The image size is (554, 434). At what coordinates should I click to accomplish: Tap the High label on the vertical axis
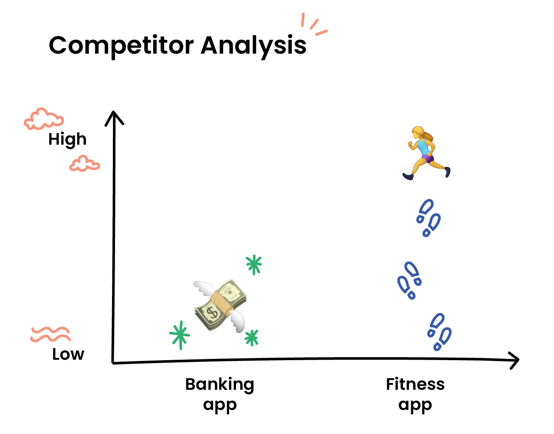(67, 140)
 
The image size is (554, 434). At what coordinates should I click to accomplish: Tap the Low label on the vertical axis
(68, 354)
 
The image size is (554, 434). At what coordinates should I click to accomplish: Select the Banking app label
(220, 394)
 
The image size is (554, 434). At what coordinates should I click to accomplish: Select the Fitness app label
(415, 394)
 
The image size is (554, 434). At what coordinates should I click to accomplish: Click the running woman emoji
(426, 153)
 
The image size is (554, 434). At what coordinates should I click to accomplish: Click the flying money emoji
(220, 306)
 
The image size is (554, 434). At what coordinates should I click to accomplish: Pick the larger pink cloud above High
(44, 119)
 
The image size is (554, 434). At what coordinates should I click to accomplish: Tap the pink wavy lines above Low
(50, 334)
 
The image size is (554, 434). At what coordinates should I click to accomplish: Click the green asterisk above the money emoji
(254, 265)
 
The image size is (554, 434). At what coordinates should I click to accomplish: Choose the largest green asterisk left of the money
(180, 335)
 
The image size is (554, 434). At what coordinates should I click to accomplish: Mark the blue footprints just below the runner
(428, 218)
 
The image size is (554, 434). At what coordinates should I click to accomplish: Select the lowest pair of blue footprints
(439, 332)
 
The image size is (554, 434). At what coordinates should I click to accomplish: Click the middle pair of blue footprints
(409, 280)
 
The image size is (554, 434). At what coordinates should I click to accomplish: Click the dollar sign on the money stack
(212, 313)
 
